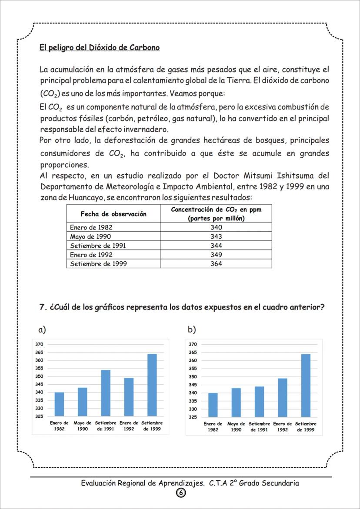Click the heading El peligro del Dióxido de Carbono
[x=100, y=47]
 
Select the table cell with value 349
[x=216, y=255]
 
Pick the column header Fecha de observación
[x=113, y=214]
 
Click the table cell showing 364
[x=216, y=264]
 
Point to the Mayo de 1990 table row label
[x=90, y=236]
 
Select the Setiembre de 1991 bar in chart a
[x=106, y=393]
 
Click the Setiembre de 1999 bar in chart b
[x=306, y=385]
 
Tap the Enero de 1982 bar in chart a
[x=59, y=404]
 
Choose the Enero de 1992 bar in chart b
[x=283, y=397]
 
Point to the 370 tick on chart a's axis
[x=39, y=344]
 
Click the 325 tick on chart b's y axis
[x=193, y=417]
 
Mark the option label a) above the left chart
[x=42, y=330]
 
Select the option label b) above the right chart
[x=192, y=330]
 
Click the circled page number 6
[x=180, y=492]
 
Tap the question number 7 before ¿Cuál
[x=43, y=306]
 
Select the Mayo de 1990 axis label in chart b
[x=236, y=426]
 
